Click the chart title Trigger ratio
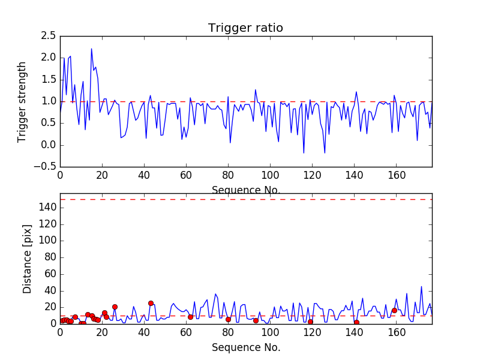pos(245,28)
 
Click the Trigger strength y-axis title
pos(22,102)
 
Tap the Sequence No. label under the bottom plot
pos(246,347)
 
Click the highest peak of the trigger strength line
pos(91,49)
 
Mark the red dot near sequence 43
pos(151,303)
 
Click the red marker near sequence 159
pos(394,310)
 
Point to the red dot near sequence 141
pos(356,322)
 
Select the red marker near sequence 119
pos(310,322)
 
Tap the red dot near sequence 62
pos(190,317)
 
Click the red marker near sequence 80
pos(228,319)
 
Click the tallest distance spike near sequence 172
pos(421,286)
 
